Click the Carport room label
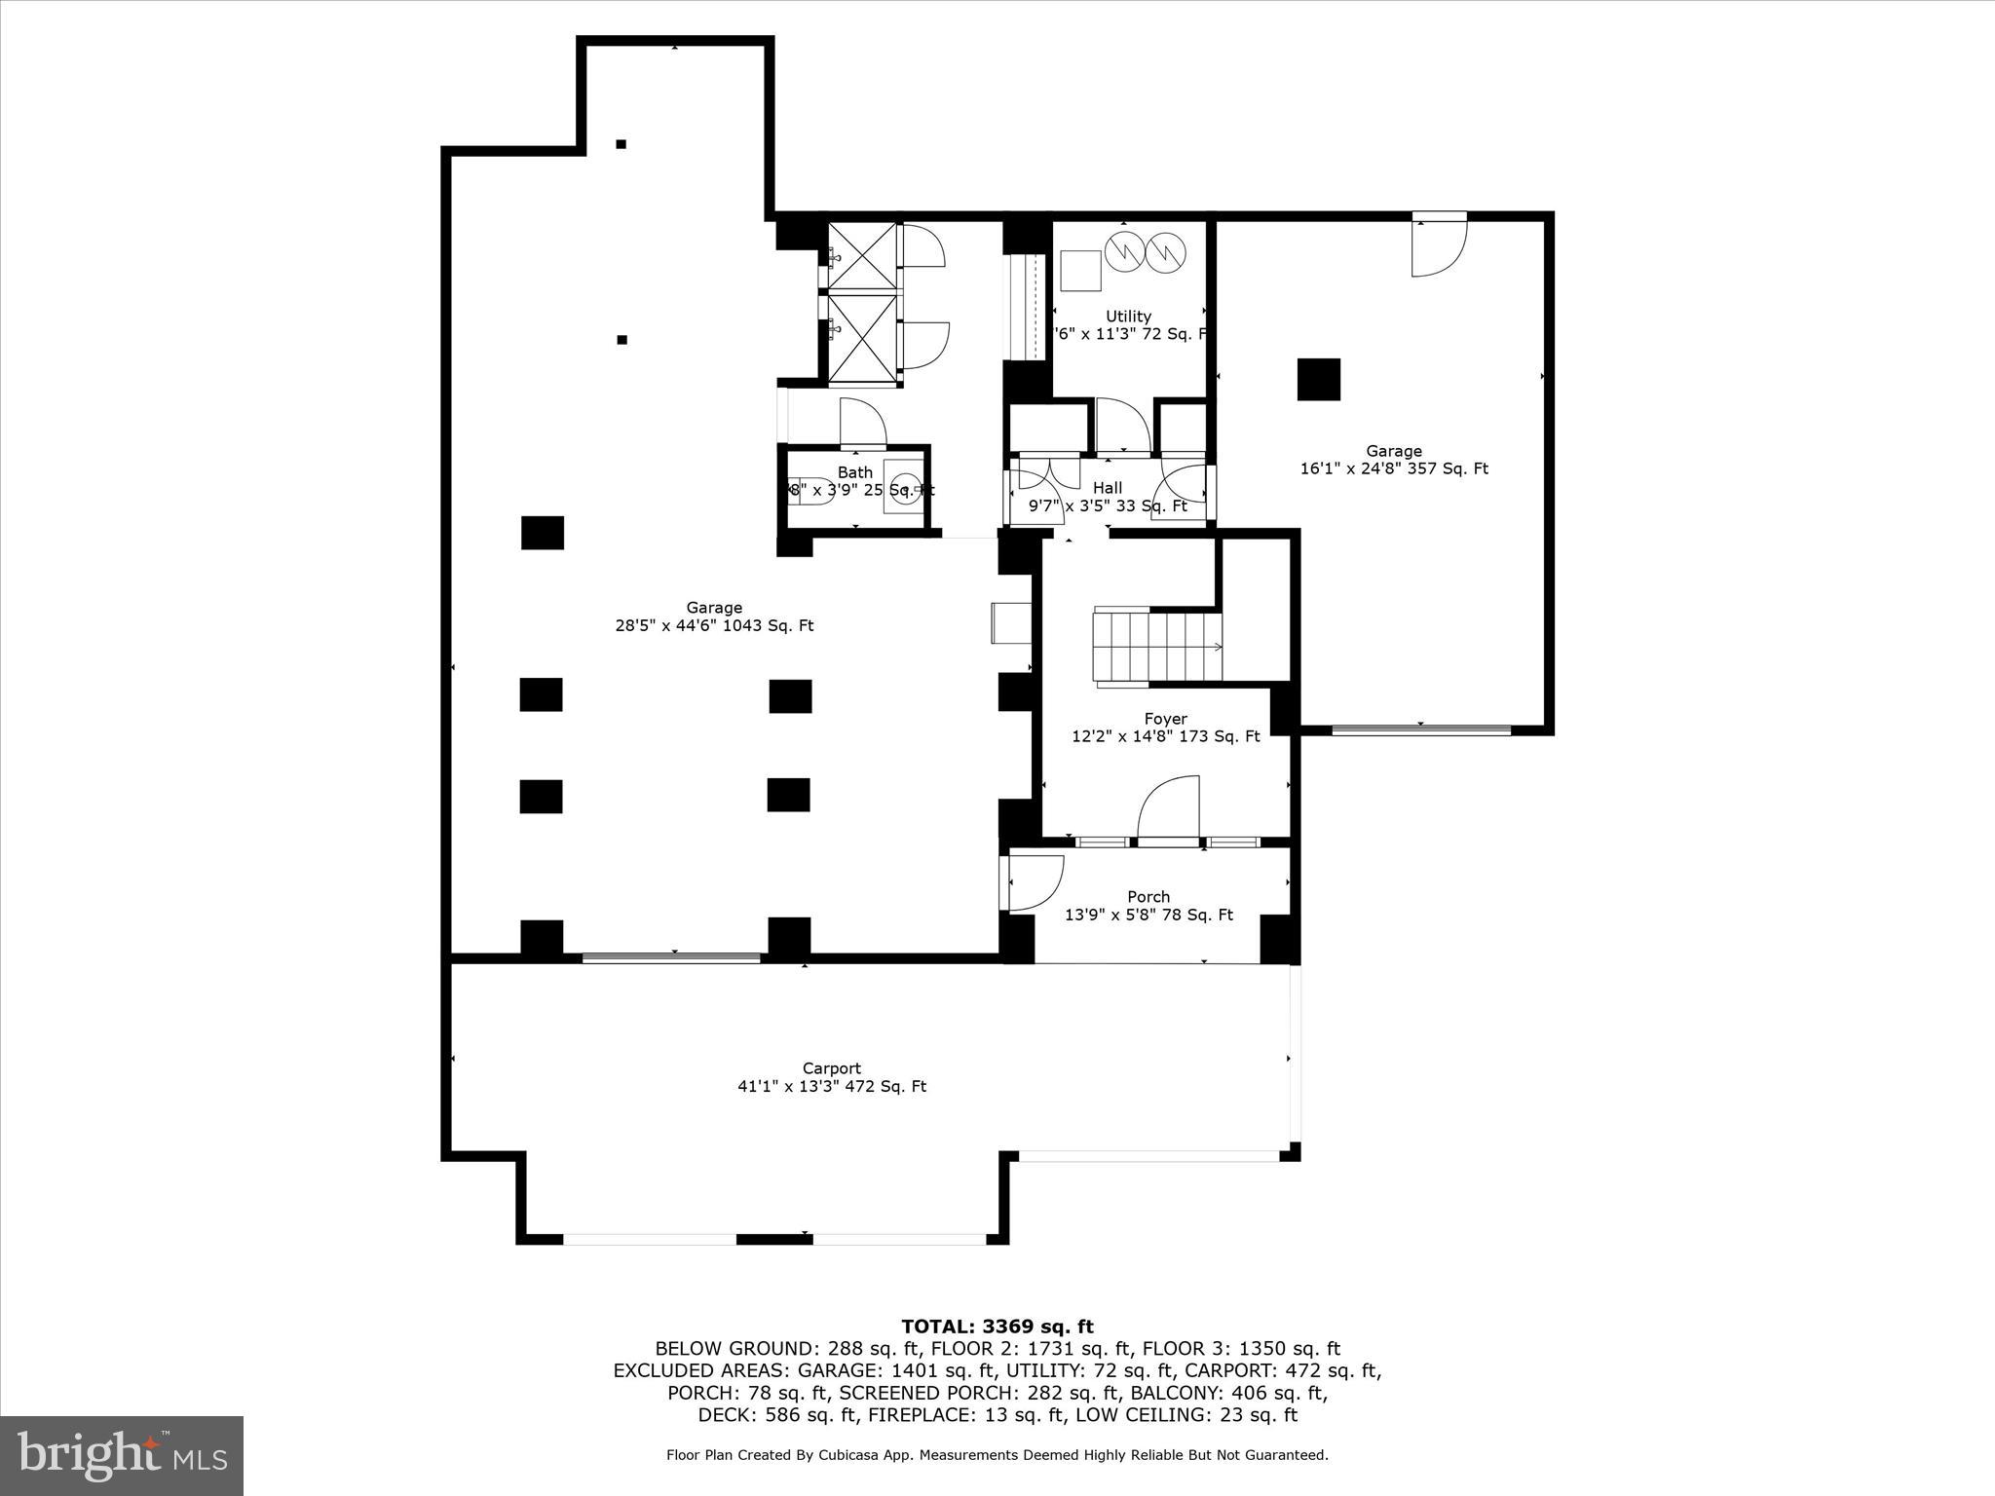coord(831,1068)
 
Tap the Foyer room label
coord(1165,719)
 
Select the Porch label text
coord(1148,896)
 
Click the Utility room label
coord(1128,316)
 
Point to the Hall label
coord(1108,488)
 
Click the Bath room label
coord(855,473)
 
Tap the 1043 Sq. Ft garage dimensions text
coord(714,626)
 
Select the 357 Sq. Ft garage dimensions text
coord(1394,468)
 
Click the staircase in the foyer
coord(1157,646)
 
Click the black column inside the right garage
coord(1318,379)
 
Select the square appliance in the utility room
coord(1080,270)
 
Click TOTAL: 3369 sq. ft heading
coord(997,1327)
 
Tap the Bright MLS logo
coord(122,1455)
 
